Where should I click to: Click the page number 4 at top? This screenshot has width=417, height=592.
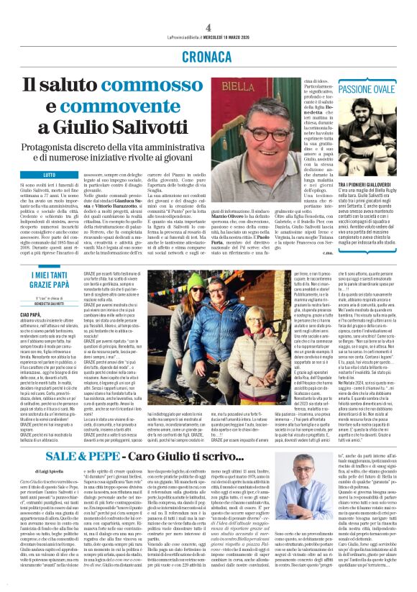207,8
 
